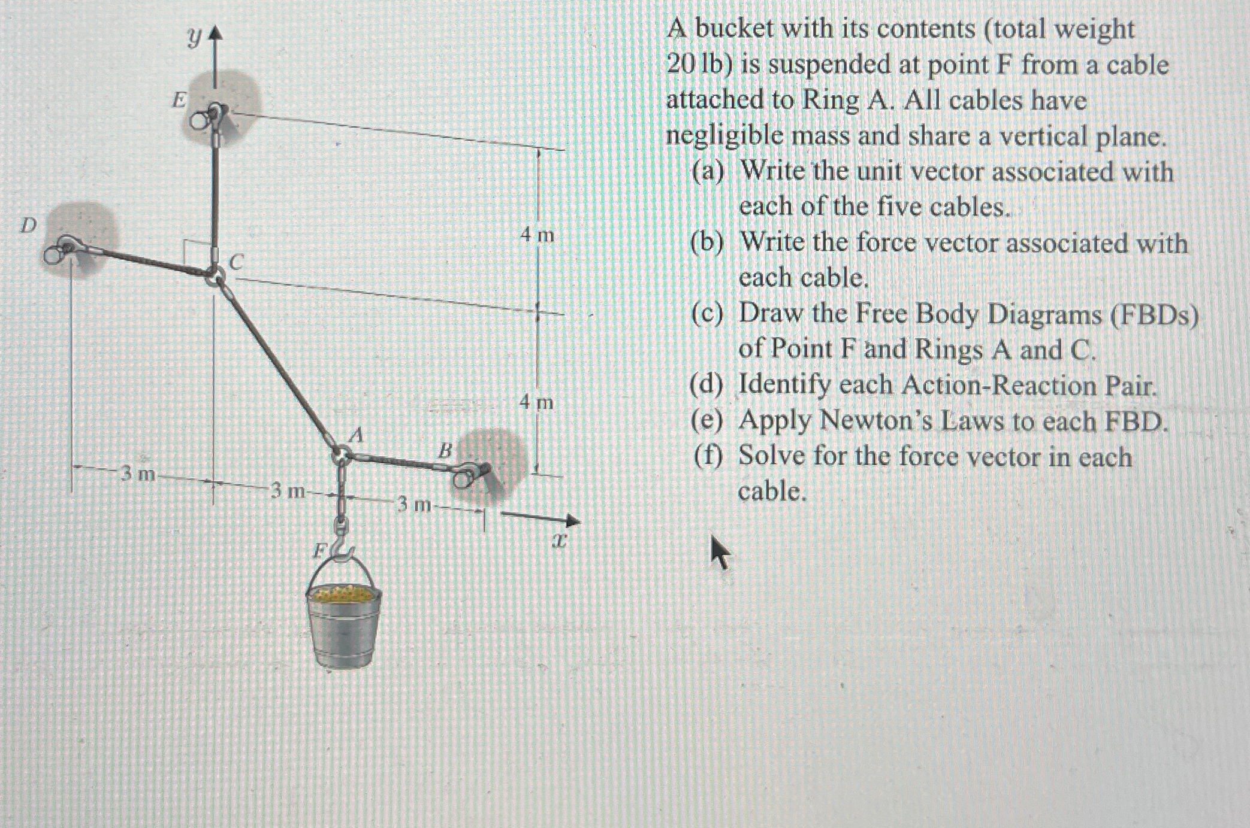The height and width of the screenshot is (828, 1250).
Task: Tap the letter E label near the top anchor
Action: click(x=179, y=100)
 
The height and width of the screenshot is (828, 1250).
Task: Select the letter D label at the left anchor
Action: click(x=28, y=225)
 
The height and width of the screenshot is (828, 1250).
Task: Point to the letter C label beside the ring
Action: click(x=237, y=262)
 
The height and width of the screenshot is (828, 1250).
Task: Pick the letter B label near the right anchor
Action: click(x=444, y=450)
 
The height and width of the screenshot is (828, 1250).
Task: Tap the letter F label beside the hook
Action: click(x=321, y=550)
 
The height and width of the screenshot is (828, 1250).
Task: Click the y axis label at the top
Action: click(x=193, y=38)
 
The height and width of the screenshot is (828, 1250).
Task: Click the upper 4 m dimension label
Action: click(x=537, y=235)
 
